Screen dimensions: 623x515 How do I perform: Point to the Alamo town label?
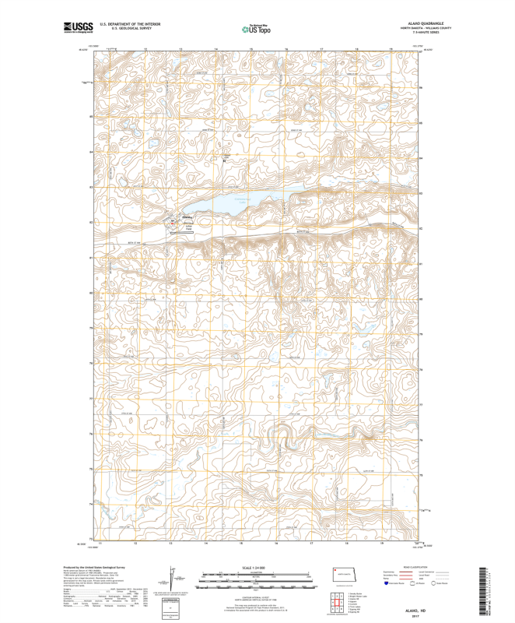[x=187, y=217]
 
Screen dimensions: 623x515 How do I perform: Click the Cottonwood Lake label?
[x=240, y=199]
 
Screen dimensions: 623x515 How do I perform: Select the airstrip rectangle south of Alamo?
[x=187, y=227]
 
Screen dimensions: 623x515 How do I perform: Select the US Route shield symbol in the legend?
[x=415, y=593]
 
